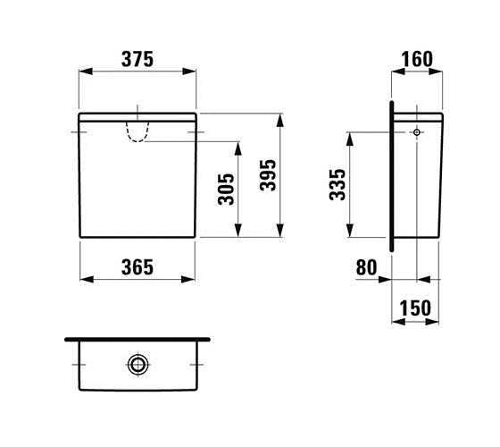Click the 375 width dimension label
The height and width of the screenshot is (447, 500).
tap(137, 59)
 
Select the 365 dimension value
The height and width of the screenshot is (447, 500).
tap(137, 267)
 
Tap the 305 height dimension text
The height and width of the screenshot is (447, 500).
tap(226, 189)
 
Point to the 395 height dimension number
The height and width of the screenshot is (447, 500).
tap(268, 175)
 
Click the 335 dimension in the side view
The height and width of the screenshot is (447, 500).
tap(337, 184)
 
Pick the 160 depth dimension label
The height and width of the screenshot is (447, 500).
tap(417, 59)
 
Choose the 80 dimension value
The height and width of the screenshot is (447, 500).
tap(366, 267)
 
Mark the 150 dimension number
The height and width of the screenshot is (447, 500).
tap(415, 308)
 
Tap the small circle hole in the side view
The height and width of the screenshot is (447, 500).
tap(417, 132)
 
